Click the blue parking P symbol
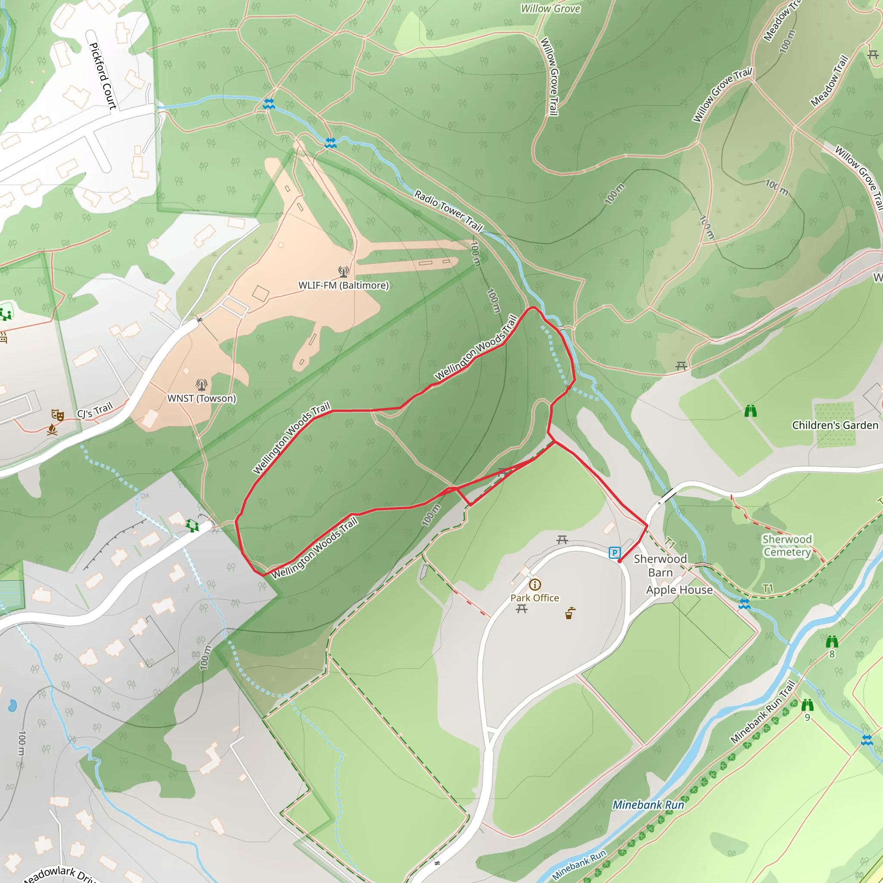click(x=615, y=553)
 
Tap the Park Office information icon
click(x=535, y=585)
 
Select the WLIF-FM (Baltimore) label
click(x=343, y=285)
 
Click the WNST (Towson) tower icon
click(x=201, y=384)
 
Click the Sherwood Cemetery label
click(x=787, y=546)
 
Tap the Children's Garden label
click(x=835, y=425)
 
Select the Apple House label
click(x=679, y=590)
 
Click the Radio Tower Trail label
click(x=448, y=211)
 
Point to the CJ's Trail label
click(x=94, y=410)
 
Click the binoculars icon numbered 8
click(x=832, y=642)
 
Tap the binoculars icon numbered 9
click(x=807, y=705)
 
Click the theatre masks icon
click(x=58, y=414)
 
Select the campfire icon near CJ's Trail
click(x=52, y=429)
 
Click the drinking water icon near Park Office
click(x=570, y=614)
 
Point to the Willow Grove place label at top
click(x=550, y=9)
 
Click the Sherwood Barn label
click(x=660, y=566)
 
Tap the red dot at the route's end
click(x=619, y=561)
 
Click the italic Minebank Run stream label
click(x=648, y=805)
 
